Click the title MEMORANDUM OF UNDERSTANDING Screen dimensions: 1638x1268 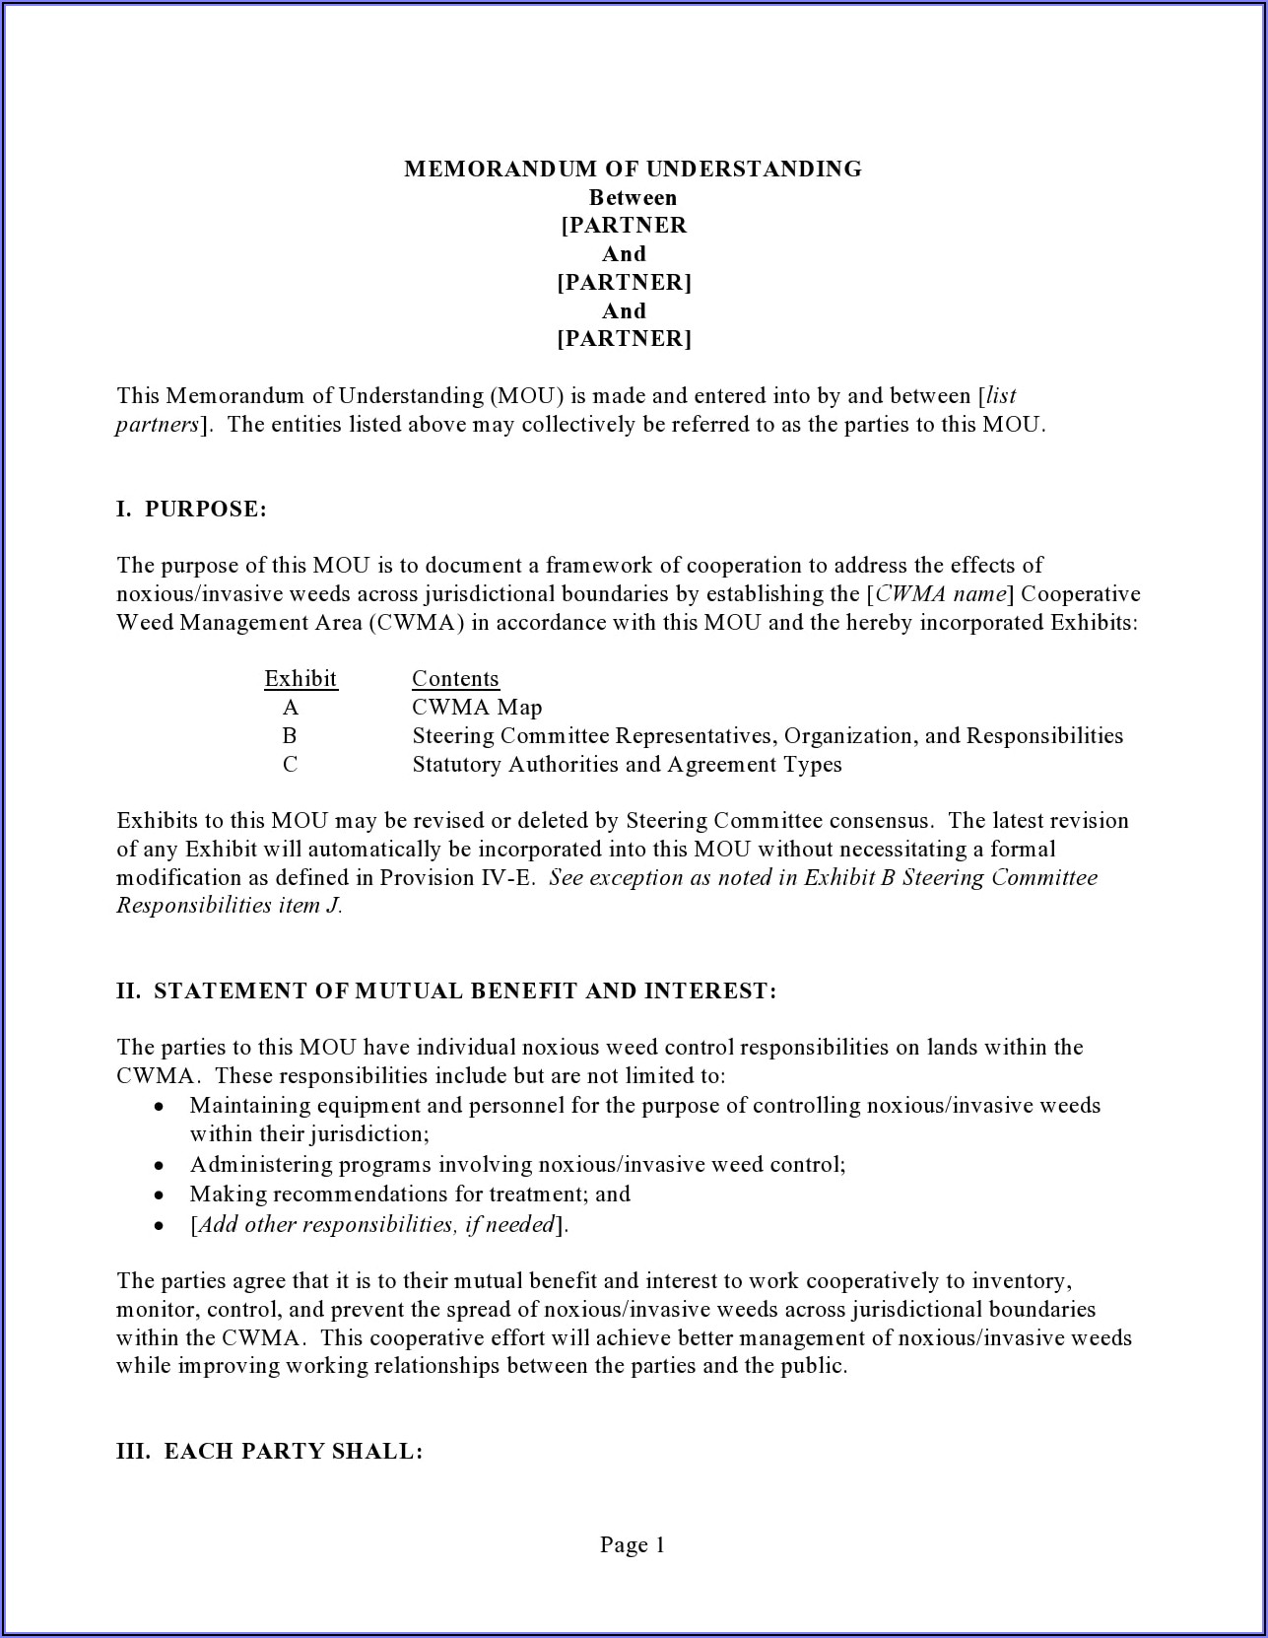click(633, 169)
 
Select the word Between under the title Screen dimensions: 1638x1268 click(633, 197)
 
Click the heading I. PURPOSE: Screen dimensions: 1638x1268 click(191, 509)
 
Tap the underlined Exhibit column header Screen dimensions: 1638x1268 click(300, 678)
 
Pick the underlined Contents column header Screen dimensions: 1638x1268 click(455, 678)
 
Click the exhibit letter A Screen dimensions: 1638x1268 click(290, 707)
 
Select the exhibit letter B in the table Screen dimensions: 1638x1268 click(290, 735)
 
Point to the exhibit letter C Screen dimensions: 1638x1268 click(290, 764)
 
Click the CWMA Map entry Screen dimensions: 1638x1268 click(477, 707)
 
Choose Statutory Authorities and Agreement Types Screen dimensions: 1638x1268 click(627, 764)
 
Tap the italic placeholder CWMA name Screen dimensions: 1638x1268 click(941, 593)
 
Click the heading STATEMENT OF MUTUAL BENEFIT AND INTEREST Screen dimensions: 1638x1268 click(465, 990)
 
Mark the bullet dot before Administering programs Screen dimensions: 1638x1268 click(159, 1165)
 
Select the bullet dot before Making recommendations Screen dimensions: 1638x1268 click(159, 1194)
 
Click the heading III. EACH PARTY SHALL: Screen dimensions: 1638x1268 click(269, 1451)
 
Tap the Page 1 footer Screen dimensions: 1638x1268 click(633, 1544)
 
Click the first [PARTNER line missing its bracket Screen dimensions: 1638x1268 click(624, 225)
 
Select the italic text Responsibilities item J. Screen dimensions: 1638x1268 click(229, 905)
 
